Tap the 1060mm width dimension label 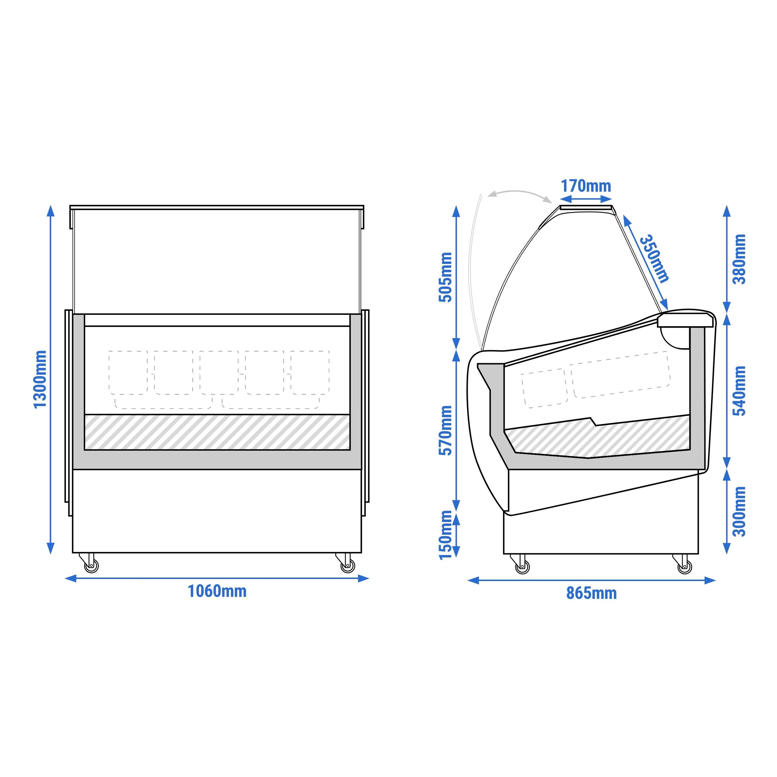pyautogui.click(x=217, y=591)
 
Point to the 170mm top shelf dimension pyautogui.click(x=586, y=186)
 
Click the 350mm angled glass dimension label pyautogui.click(x=654, y=259)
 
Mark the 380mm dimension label pyautogui.click(x=739, y=259)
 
